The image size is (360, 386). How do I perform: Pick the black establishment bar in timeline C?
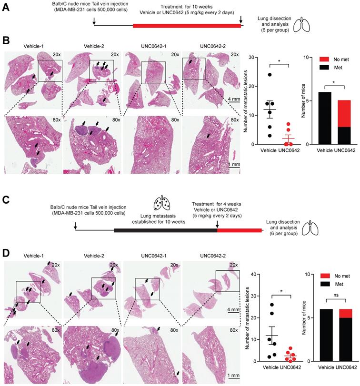coord(165,230)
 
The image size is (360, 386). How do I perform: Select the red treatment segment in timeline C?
coord(239,230)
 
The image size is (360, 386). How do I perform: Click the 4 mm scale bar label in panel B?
coord(233,99)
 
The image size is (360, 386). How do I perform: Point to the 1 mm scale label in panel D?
coord(233,376)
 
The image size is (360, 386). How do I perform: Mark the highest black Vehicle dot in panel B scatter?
coord(270,75)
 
